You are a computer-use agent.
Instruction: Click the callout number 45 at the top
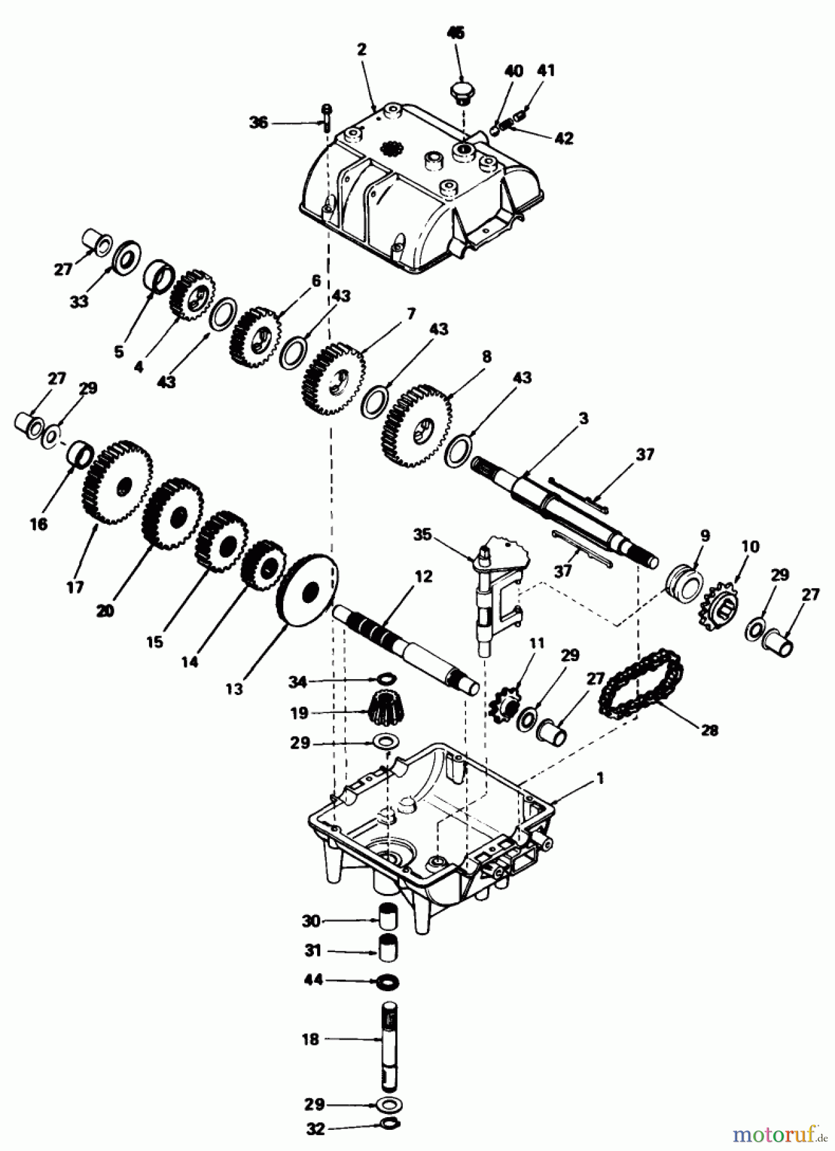457,33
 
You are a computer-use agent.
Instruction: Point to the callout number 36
259,122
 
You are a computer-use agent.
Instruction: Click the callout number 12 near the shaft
423,576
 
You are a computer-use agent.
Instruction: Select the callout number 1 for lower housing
599,778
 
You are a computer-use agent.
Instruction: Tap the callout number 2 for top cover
362,50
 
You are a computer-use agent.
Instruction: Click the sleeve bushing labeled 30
387,921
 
